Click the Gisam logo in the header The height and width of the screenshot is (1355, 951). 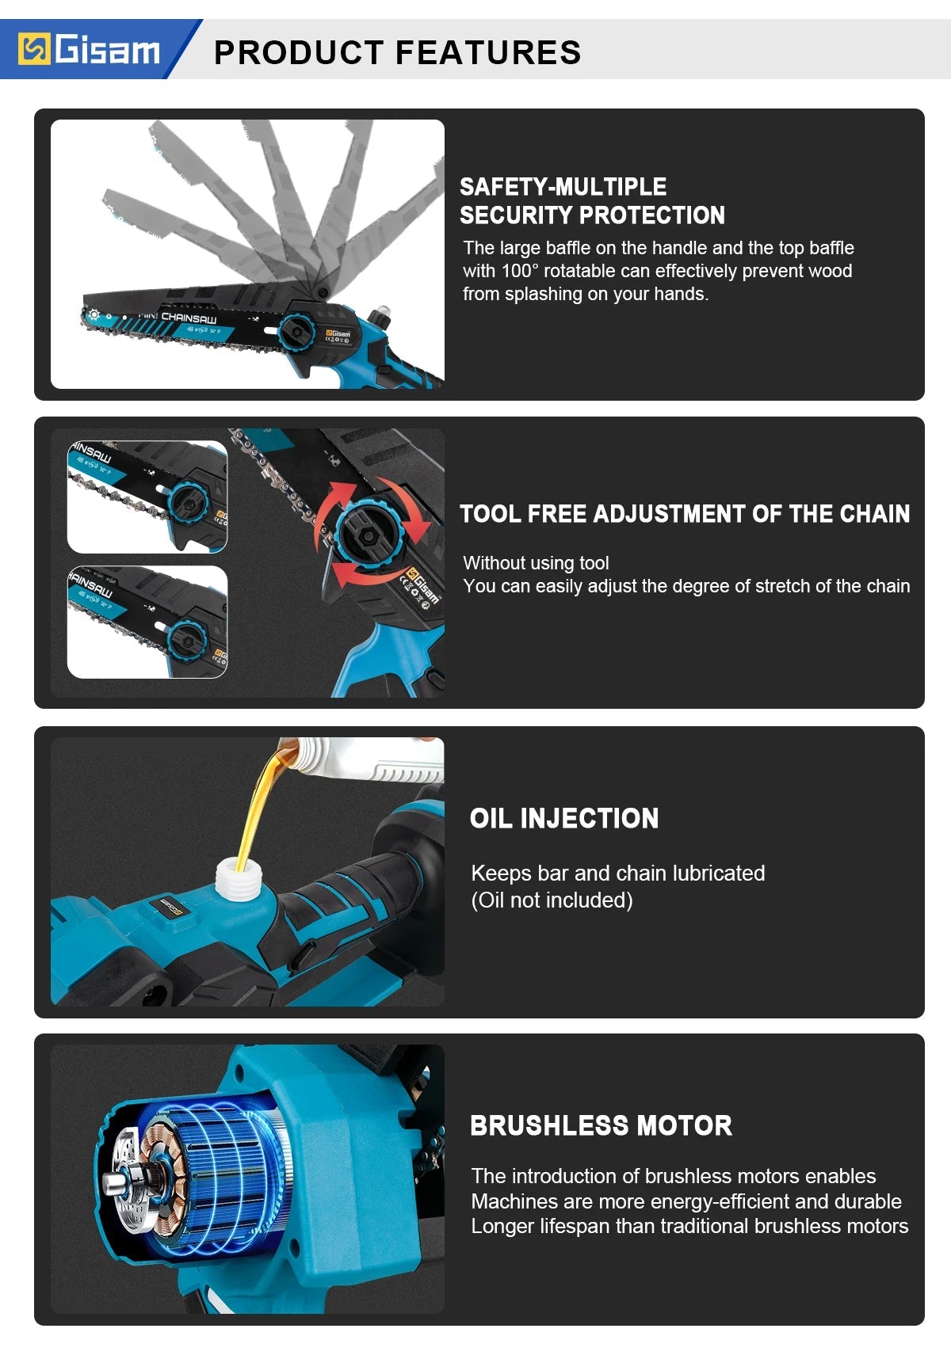point(90,50)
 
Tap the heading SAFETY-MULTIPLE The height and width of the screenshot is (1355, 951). point(563,187)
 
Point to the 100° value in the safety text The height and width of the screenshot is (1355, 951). point(519,271)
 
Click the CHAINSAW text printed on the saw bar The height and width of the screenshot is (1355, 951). point(189,317)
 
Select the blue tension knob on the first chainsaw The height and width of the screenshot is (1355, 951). point(297,329)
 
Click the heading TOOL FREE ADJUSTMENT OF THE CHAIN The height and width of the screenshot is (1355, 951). point(685,514)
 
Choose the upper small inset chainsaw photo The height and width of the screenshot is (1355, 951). point(147,497)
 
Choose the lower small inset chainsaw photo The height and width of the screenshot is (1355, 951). point(147,622)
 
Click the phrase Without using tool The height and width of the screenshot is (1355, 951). point(536,563)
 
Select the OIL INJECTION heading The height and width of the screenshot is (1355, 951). point(563,818)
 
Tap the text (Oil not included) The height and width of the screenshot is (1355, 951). point(552,900)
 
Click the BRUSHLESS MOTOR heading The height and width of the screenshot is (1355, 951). point(601,1125)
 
